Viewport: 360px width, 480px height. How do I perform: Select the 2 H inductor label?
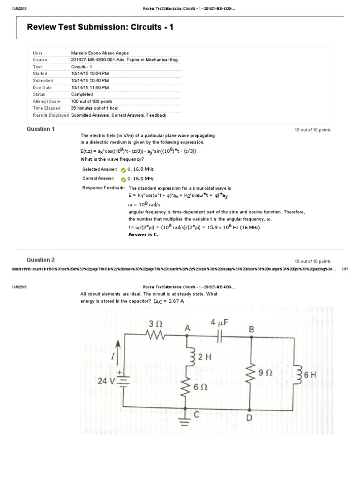pos(205,357)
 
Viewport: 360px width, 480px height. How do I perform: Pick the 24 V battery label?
pos(106,381)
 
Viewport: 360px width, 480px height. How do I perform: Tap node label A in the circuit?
pos(187,329)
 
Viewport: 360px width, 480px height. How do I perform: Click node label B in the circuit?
pos(251,330)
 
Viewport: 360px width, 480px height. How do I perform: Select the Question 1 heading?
pos(40,129)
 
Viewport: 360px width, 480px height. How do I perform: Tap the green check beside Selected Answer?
pos(123,170)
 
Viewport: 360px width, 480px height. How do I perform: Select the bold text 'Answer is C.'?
pos(143,235)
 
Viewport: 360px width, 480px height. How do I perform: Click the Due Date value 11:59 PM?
pos(90,87)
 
